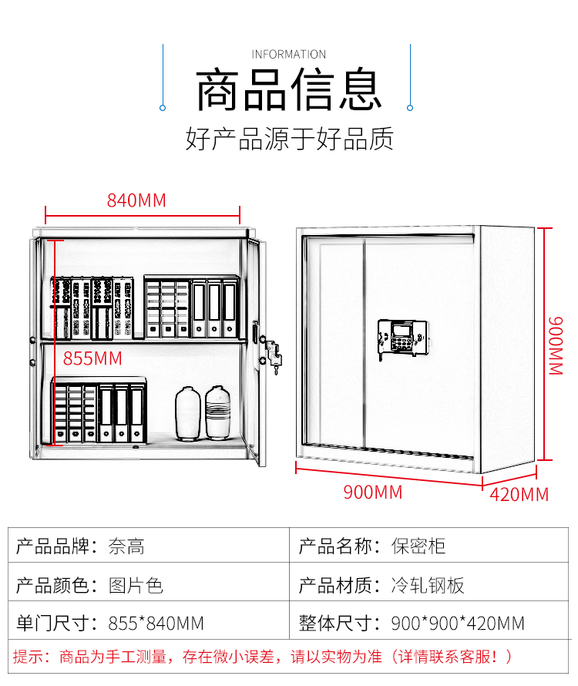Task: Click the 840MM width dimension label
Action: coord(136,200)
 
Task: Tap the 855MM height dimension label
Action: coord(92,358)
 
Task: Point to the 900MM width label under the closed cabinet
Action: coord(373,492)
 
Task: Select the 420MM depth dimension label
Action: coord(519,494)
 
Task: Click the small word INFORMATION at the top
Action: coord(289,54)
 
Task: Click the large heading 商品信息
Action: coord(289,91)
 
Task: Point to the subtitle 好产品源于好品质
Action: coord(289,139)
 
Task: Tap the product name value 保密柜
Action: coord(418,547)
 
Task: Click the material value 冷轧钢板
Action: coord(428,585)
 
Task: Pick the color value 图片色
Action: coord(136,585)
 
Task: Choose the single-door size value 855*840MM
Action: coord(156,622)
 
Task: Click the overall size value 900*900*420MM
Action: coord(458,622)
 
